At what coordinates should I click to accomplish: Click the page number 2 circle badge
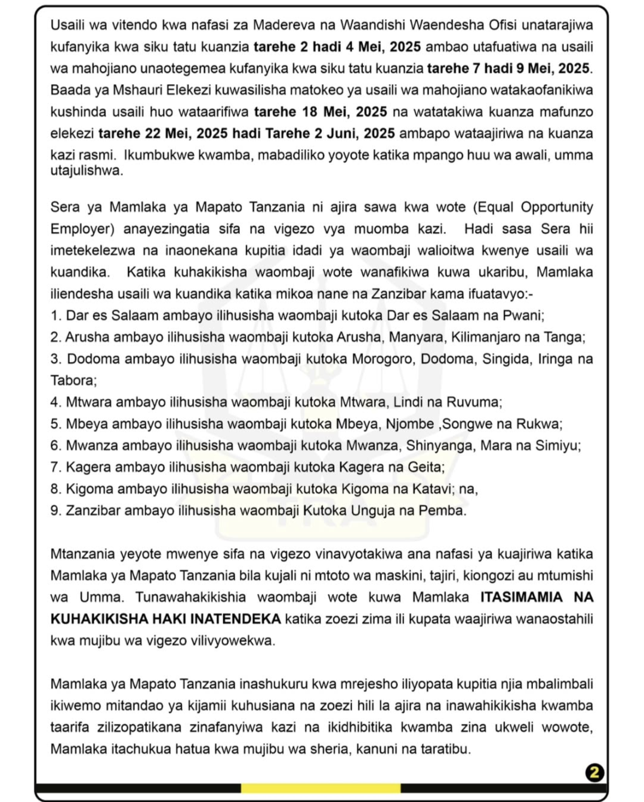[x=594, y=773]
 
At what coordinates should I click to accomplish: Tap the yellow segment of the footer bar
[x=321, y=788]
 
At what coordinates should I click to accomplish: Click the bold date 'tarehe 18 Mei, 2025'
[x=321, y=112]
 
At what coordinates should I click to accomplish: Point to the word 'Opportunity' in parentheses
[x=557, y=208]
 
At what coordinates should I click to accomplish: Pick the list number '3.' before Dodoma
[x=56, y=359]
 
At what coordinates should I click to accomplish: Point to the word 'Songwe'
[x=465, y=424]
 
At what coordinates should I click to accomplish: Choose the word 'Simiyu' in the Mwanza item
[x=560, y=446]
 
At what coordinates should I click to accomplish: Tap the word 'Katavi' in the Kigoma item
[x=436, y=489]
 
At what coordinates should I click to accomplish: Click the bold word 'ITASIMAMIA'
[x=522, y=597]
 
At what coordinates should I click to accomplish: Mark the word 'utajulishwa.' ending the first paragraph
[x=87, y=171]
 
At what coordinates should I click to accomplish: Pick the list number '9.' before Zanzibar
[x=56, y=511]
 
